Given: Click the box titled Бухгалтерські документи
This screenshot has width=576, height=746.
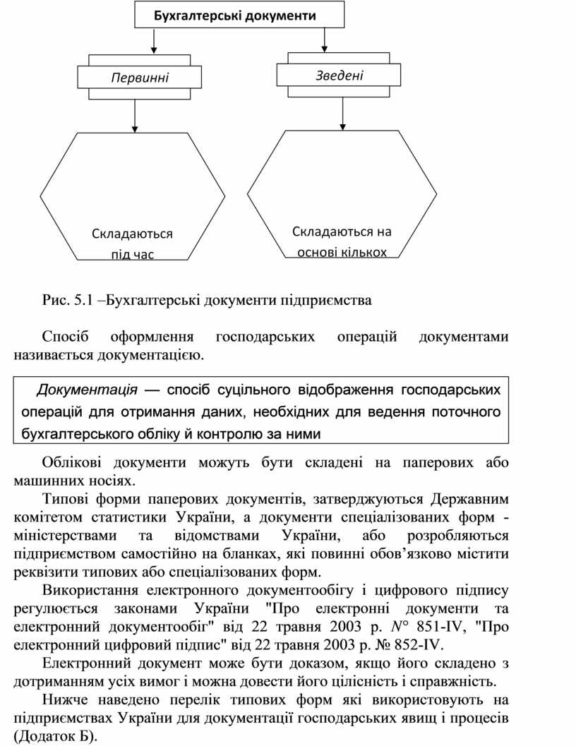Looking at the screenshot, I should click(x=239, y=15).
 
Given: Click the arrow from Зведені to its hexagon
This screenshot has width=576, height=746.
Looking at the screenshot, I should click(x=342, y=113).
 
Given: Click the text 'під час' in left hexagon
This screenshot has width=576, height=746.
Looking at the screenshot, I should click(x=132, y=254).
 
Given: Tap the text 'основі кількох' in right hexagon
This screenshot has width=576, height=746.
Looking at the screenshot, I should click(x=342, y=252).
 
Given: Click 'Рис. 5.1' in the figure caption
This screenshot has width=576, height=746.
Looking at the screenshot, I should click(x=68, y=300).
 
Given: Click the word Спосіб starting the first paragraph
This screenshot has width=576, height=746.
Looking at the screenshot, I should click(x=66, y=337).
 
